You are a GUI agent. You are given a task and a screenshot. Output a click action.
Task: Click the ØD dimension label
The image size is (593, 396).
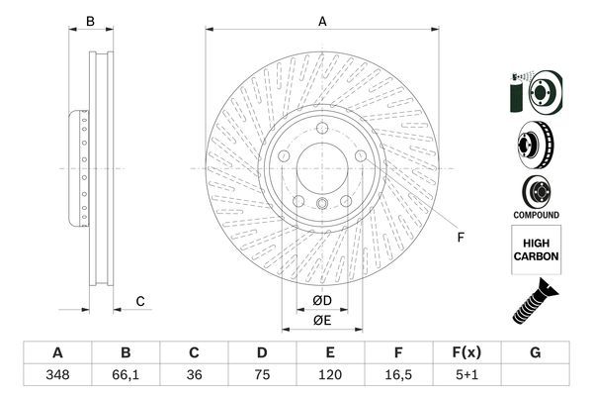click(x=321, y=299)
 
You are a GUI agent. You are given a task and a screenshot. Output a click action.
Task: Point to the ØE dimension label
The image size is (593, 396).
click(x=321, y=320)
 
